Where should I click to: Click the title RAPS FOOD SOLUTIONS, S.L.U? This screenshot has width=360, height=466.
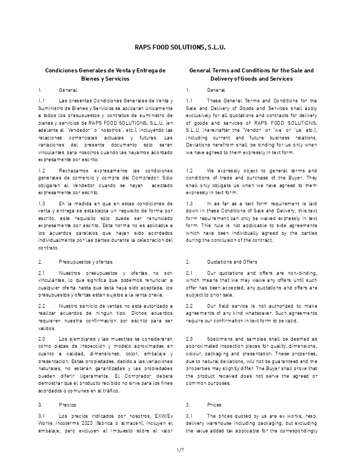click(180, 46)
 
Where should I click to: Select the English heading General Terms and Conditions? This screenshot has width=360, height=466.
click(251, 70)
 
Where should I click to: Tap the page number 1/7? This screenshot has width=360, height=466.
click(180, 450)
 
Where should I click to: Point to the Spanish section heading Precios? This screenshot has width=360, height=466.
click(68, 405)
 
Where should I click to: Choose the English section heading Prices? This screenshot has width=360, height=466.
click(215, 405)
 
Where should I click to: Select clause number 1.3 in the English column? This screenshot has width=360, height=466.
click(189, 202)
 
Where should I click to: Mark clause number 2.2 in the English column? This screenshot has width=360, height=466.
click(189, 306)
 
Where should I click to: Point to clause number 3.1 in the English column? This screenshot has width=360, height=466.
click(189, 417)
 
